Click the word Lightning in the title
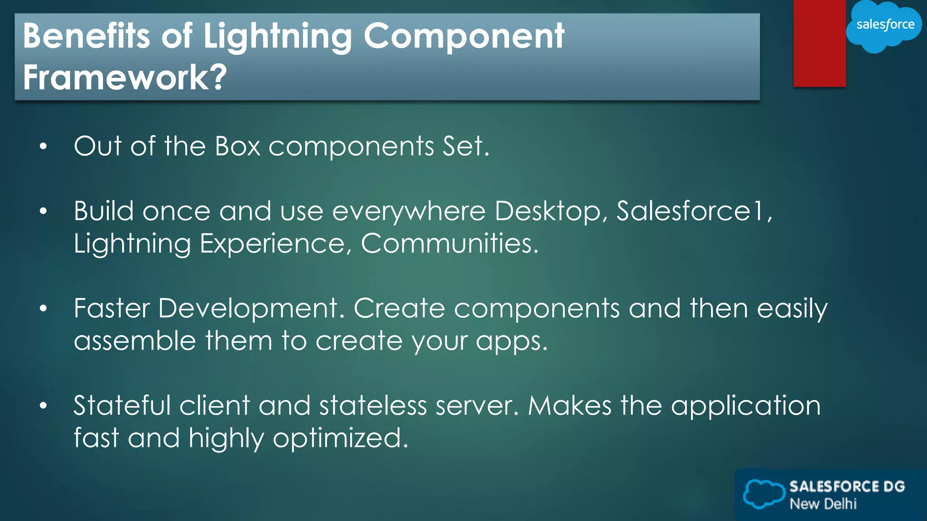point(277,36)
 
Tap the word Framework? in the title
point(124,77)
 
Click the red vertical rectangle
point(819,43)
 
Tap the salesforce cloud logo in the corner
point(884,25)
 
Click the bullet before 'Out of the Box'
point(43,146)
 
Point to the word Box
point(238,146)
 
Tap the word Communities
point(449,243)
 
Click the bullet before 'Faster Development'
point(43,308)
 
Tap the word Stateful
point(122,405)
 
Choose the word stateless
point(373,405)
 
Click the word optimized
point(340,438)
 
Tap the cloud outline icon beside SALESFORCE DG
point(764,493)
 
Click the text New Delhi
point(823,504)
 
